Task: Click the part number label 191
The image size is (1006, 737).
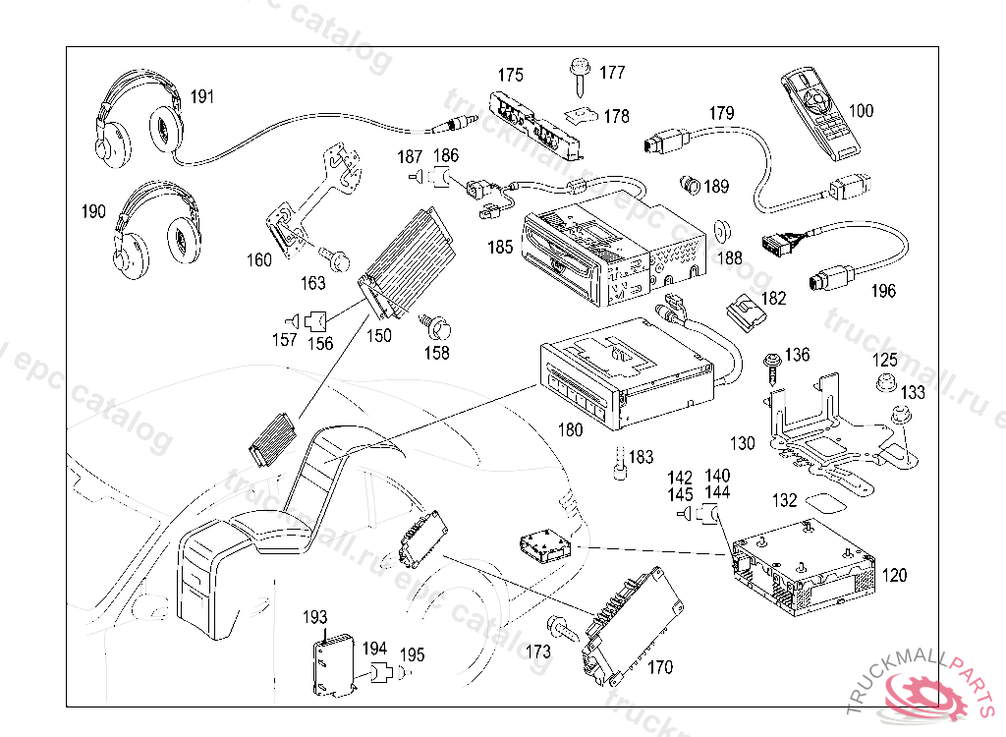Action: [202, 96]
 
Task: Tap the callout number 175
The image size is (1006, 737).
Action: [510, 75]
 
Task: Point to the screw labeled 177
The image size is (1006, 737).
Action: [578, 75]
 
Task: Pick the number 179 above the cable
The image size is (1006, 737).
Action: [721, 113]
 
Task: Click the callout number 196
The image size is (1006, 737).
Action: [883, 291]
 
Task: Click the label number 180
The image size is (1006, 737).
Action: [570, 429]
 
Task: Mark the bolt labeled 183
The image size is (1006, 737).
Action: [619, 464]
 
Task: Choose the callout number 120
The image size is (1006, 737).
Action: [894, 575]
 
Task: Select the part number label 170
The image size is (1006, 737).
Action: [660, 667]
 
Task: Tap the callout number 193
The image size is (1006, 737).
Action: [314, 617]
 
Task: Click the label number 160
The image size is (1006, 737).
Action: [258, 260]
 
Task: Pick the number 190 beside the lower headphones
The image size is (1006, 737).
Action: [93, 211]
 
